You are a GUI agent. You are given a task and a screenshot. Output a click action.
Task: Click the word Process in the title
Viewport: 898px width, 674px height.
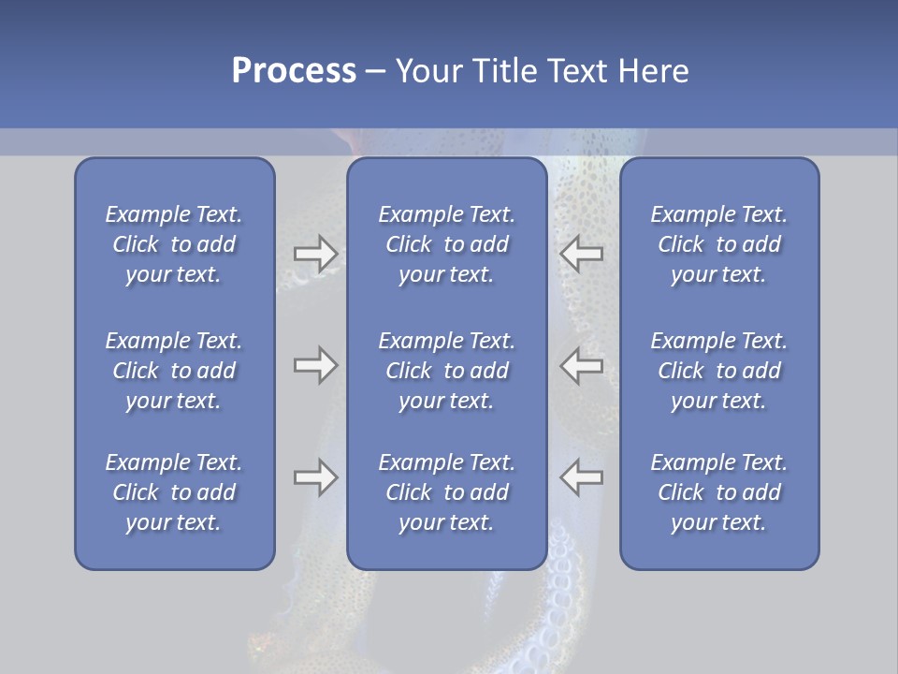point(294,71)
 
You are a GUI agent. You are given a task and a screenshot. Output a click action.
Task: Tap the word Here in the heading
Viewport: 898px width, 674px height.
point(653,71)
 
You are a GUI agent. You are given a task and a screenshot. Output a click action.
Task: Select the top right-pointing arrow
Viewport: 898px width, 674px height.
point(315,254)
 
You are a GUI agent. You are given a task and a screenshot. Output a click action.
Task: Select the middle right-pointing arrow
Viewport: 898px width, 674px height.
point(315,365)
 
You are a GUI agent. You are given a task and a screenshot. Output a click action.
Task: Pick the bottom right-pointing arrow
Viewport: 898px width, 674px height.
point(315,477)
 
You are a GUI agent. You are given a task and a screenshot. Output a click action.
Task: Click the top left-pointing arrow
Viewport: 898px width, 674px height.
point(581,254)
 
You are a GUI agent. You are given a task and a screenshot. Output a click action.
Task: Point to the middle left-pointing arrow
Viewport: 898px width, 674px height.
point(581,365)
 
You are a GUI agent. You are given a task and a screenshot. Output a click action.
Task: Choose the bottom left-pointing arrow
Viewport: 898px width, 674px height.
point(581,477)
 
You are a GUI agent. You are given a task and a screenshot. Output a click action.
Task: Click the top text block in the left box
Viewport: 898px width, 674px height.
point(174,244)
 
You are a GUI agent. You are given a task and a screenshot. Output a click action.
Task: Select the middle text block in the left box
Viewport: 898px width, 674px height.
point(174,371)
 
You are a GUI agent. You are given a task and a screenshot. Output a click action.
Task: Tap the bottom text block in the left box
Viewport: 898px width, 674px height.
point(174,492)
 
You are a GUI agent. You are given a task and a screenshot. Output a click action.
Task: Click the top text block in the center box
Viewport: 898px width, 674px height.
point(446,244)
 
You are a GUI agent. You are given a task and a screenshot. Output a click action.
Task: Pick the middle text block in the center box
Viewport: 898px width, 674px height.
point(446,371)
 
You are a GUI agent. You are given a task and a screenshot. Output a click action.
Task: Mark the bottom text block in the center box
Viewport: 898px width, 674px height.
point(446,492)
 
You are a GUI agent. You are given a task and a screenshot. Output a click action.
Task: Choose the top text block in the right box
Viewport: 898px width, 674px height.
point(718,244)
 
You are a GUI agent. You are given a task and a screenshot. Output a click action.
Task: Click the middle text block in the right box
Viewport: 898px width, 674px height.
point(718,371)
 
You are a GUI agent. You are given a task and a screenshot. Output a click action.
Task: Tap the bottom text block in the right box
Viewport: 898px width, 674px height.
point(718,492)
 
